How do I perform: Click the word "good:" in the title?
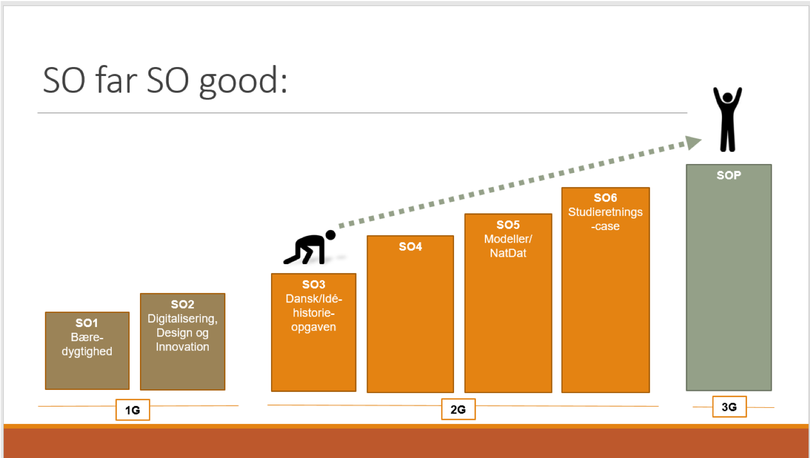pyautogui.click(x=243, y=82)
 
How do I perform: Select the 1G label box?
pyautogui.click(x=133, y=410)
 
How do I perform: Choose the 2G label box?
pyautogui.click(x=458, y=409)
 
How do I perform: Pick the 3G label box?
pyautogui.click(x=729, y=407)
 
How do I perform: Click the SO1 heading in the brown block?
pyautogui.click(x=87, y=323)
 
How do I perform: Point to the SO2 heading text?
pyautogui.click(x=182, y=304)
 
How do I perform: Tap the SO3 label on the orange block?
pyautogui.click(x=314, y=285)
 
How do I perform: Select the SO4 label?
pyautogui.click(x=411, y=246)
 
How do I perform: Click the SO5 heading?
pyautogui.click(x=508, y=225)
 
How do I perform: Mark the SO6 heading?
pyautogui.click(x=606, y=198)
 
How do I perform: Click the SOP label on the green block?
pyautogui.click(x=729, y=176)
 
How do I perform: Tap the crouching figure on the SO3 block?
pyautogui.click(x=310, y=247)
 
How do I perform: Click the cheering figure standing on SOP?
pyautogui.click(x=728, y=119)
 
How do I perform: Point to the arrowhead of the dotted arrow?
pyautogui.click(x=693, y=143)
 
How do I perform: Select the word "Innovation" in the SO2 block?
pyautogui.click(x=182, y=347)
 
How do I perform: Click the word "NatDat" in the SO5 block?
pyautogui.click(x=508, y=253)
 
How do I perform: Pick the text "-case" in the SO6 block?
pyautogui.click(x=606, y=226)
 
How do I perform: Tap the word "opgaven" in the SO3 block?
pyautogui.click(x=314, y=328)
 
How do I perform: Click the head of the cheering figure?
pyautogui.click(x=728, y=97)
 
